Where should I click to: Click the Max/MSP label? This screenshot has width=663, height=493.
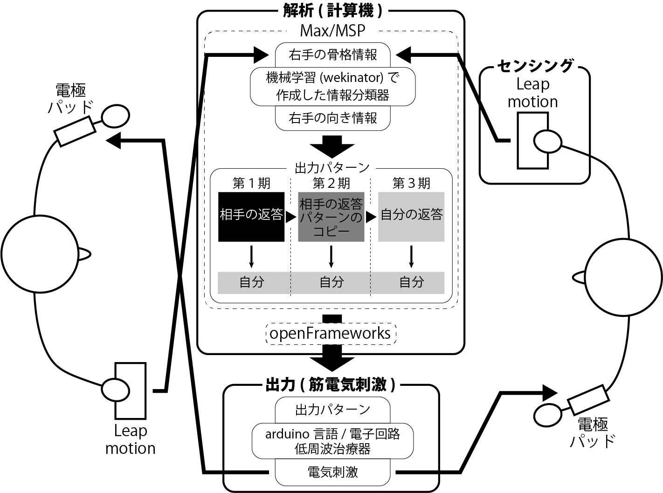(332, 30)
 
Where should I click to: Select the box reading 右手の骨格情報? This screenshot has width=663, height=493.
(333, 55)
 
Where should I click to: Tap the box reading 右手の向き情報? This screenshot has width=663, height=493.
(333, 118)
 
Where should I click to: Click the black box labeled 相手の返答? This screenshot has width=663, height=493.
(251, 217)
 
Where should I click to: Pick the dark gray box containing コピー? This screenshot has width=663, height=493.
(331, 217)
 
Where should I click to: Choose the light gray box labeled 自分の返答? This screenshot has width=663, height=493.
(411, 217)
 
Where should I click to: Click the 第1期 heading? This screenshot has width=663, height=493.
(251, 183)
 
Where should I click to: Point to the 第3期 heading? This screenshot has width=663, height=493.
(411, 183)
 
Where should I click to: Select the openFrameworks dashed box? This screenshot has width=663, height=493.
(331, 334)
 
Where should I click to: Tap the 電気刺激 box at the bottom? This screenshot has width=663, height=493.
(333, 472)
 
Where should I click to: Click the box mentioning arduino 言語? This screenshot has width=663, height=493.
(333, 441)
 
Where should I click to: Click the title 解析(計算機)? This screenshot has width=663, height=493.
(333, 11)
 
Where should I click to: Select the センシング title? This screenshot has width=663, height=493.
(535, 66)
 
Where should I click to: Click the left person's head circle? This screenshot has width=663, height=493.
(40, 254)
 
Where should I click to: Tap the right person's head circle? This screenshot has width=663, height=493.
(623, 277)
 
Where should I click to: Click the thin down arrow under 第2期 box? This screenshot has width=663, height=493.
(331, 257)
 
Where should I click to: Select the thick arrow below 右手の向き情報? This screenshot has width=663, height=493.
(332, 147)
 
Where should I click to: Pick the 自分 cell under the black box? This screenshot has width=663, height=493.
(251, 283)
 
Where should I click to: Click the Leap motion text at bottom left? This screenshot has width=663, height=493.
(131, 439)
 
